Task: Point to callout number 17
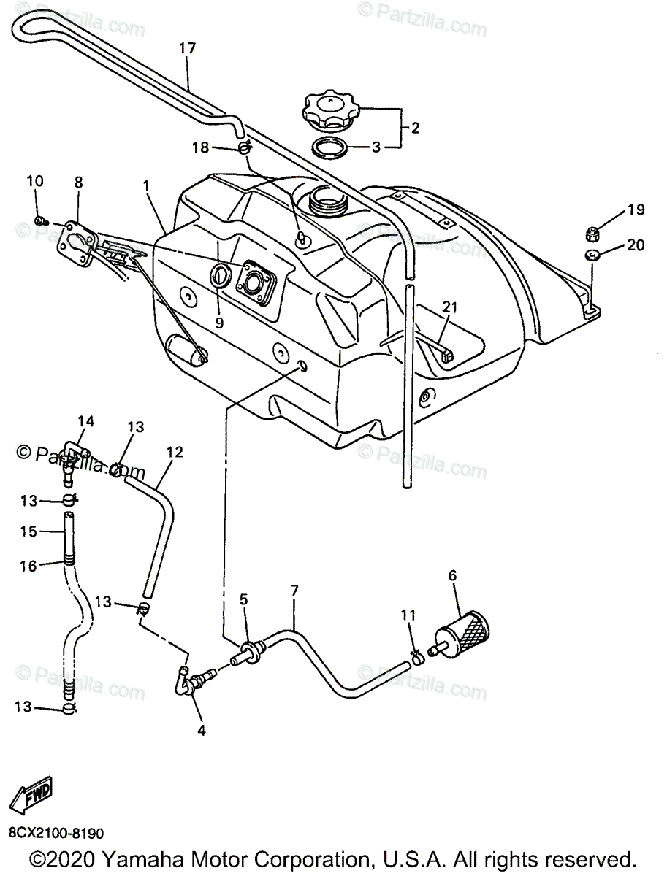(187, 49)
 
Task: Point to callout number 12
(174, 452)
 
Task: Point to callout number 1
(147, 187)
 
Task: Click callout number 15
(28, 532)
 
